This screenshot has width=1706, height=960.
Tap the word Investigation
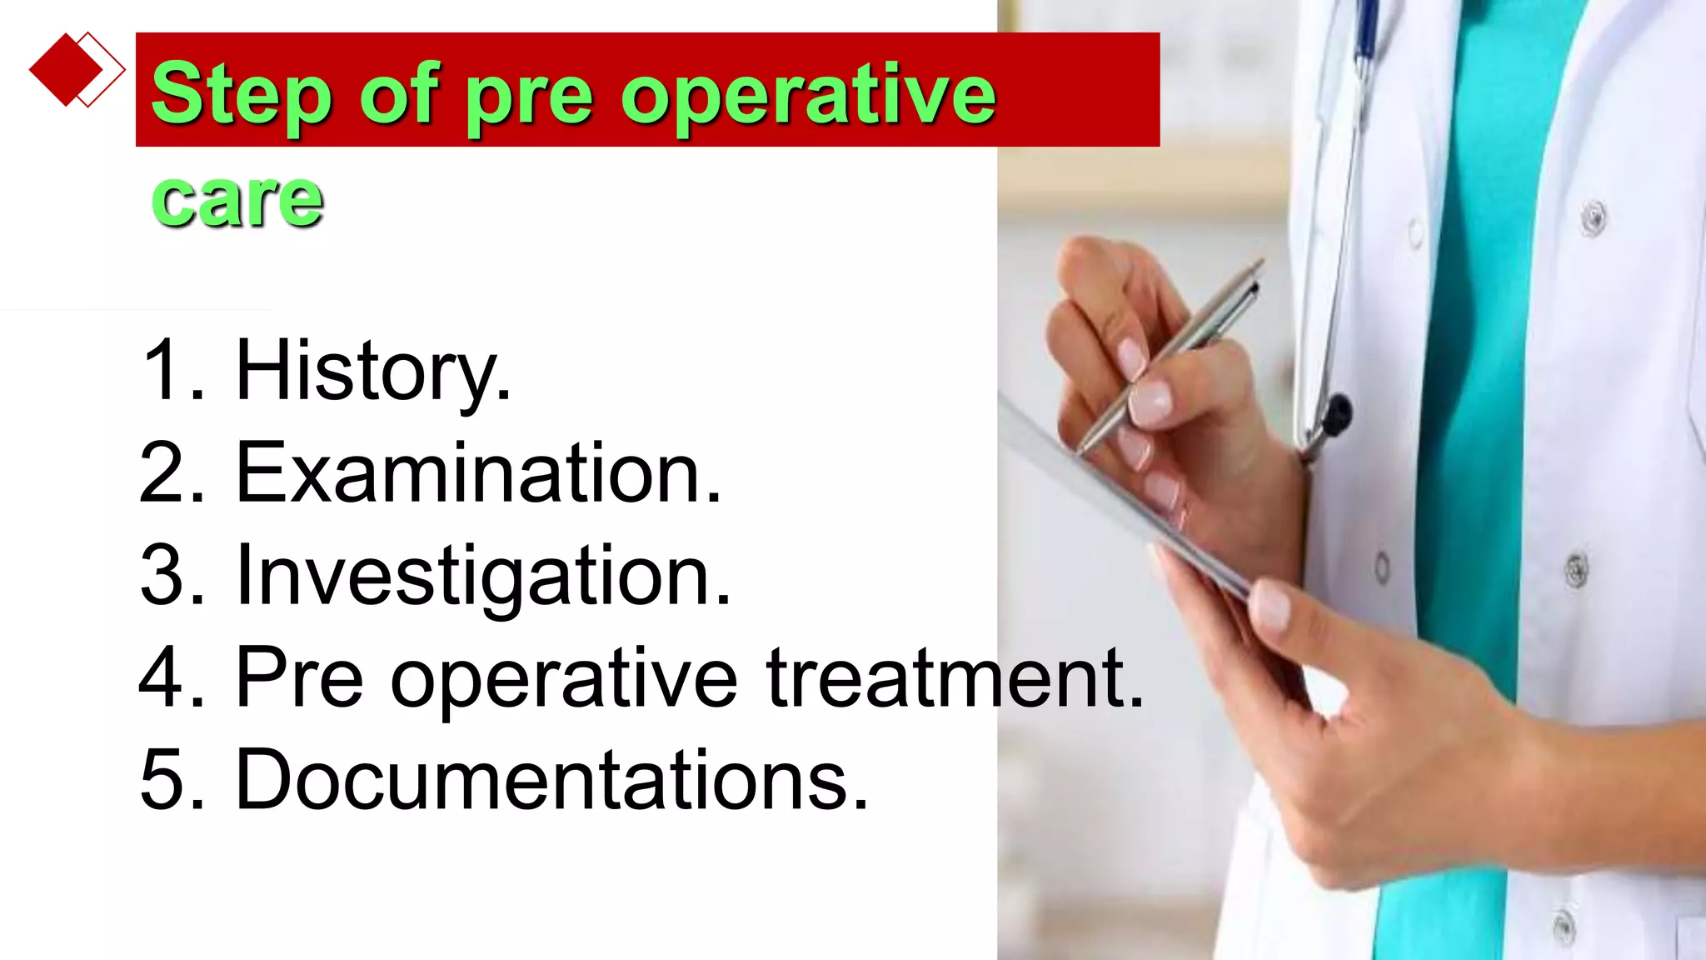[482, 576]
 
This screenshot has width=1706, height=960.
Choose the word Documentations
[551, 780]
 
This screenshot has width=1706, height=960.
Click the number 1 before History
[162, 371]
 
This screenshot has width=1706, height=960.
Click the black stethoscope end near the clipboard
[1335, 415]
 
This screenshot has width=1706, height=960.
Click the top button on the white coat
[1594, 218]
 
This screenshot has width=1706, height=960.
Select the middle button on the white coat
[1575, 571]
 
